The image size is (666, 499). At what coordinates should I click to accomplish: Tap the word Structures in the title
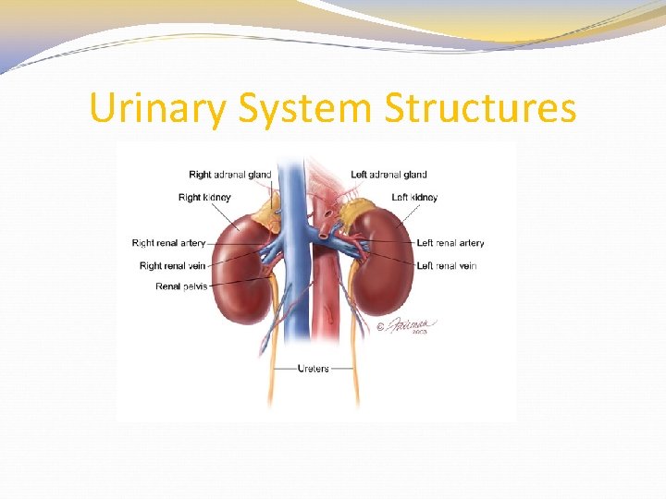(x=480, y=109)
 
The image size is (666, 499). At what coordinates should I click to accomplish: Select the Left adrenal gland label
(x=388, y=175)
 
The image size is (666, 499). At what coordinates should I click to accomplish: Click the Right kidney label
(x=204, y=197)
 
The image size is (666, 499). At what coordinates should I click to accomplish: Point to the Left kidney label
(x=414, y=197)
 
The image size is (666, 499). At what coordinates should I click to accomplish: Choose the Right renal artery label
(x=168, y=244)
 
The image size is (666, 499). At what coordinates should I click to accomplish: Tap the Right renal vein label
(x=173, y=266)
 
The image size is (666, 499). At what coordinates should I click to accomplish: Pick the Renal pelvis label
(x=181, y=286)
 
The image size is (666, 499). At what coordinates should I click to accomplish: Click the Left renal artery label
(x=450, y=244)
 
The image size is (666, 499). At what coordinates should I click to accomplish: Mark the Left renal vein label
(x=447, y=266)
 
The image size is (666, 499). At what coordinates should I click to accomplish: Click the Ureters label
(x=313, y=369)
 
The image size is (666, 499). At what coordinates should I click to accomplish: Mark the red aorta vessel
(x=325, y=296)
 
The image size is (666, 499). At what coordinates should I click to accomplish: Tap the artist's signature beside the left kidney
(x=407, y=326)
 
